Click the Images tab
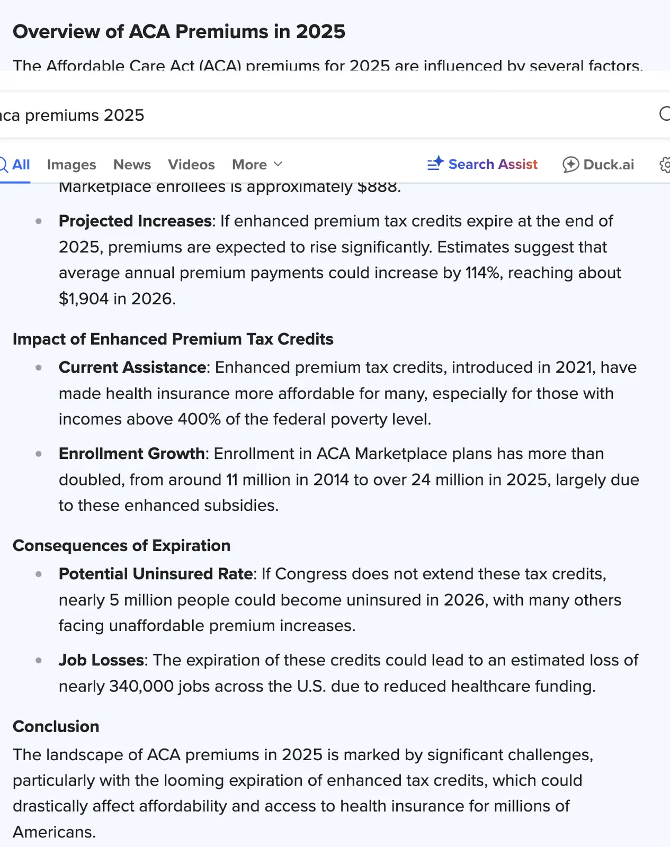tap(72, 165)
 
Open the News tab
tap(132, 165)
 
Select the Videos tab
tap(191, 165)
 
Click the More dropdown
tap(257, 165)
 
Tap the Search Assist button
tap(483, 164)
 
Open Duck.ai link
tap(598, 165)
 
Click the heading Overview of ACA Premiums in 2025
tap(179, 32)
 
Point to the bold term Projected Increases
tap(135, 221)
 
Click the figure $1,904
tap(84, 299)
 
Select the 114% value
tap(483, 273)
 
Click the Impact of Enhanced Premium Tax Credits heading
tap(173, 339)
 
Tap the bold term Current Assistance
tap(132, 367)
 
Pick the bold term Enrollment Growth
tap(131, 454)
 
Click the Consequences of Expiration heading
tap(121, 545)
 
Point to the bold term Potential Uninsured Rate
tap(156, 574)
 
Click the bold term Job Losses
tap(101, 660)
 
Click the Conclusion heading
tap(56, 726)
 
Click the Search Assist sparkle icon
tap(435, 164)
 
